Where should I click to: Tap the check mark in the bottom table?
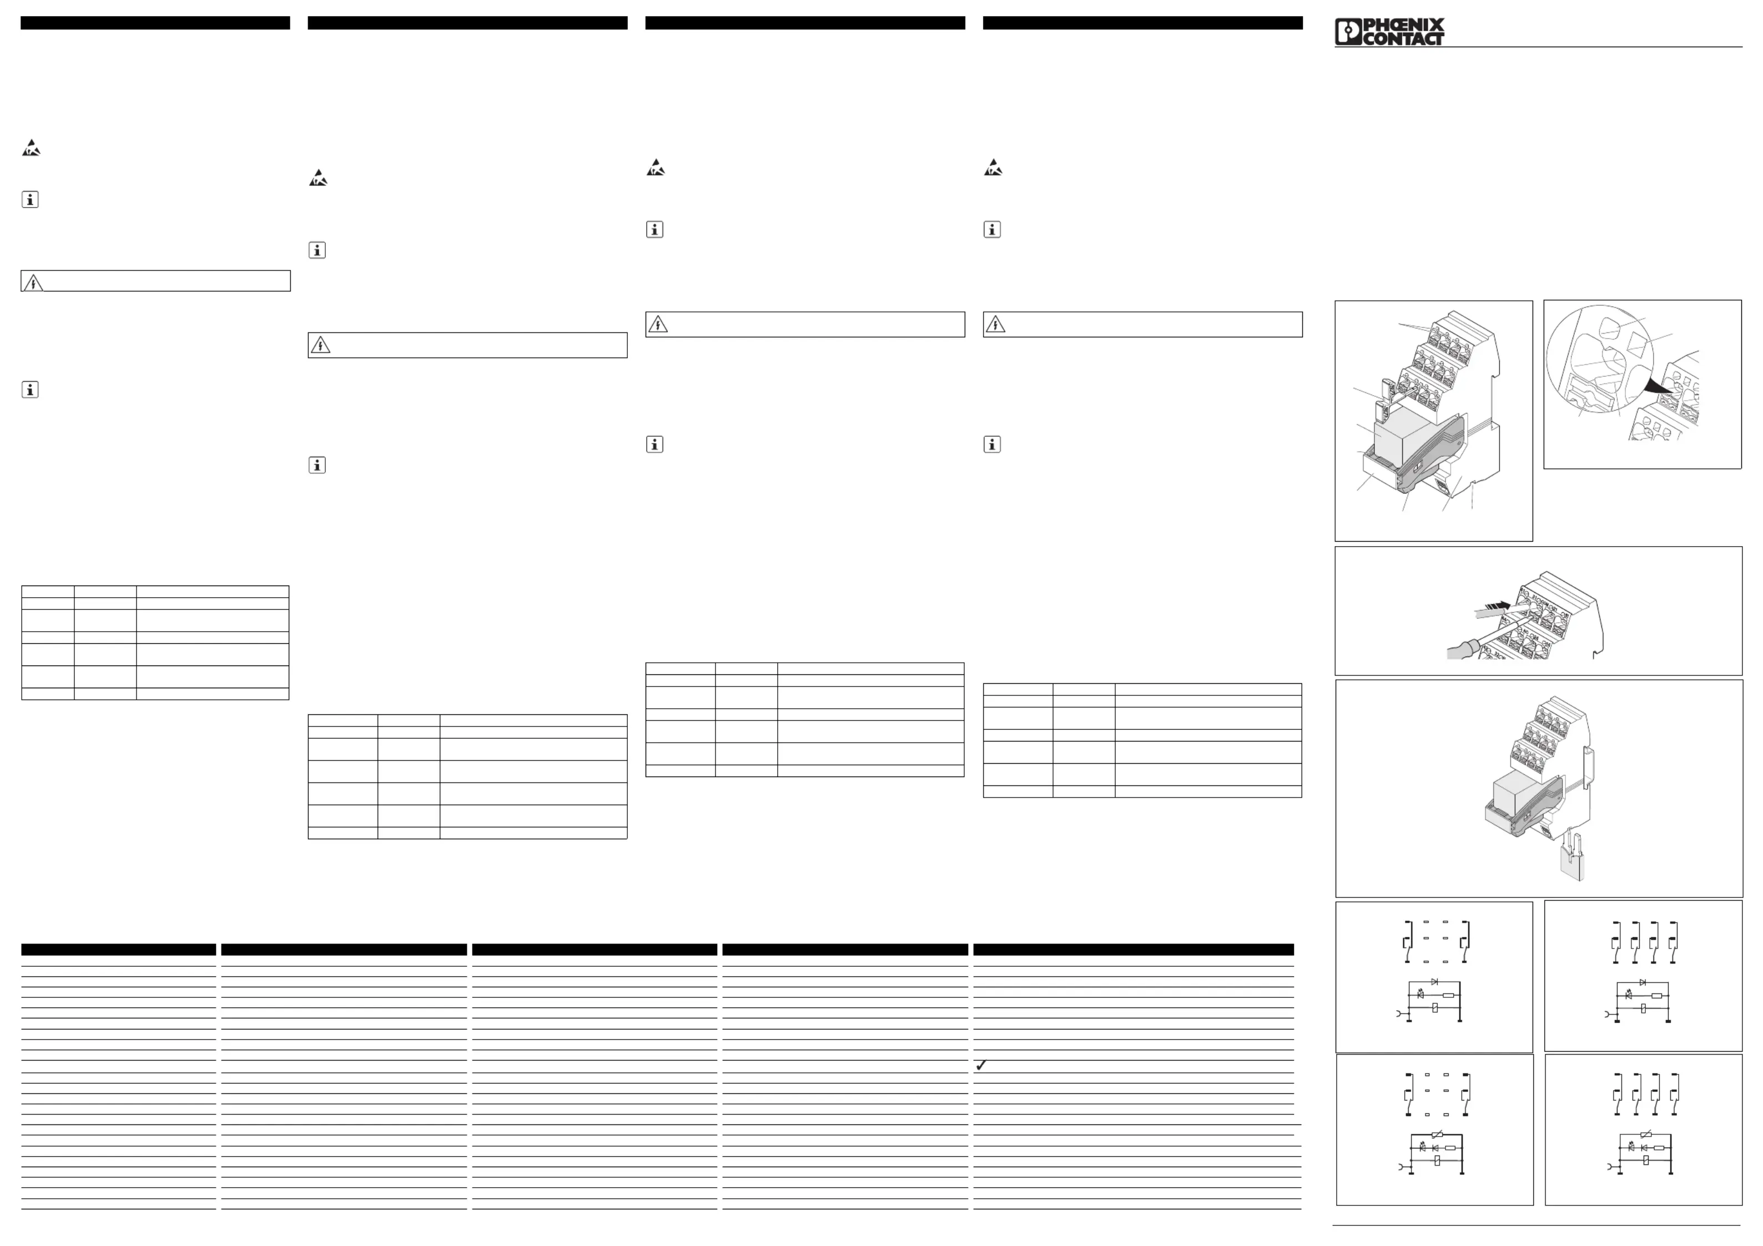[x=980, y=1066]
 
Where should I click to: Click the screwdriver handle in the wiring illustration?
[x=1457, y=652]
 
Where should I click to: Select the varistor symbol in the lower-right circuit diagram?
[x=1645, y=1134]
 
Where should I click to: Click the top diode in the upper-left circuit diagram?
[x=1434, y=982]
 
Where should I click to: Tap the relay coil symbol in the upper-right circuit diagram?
[x=1643, y=1008]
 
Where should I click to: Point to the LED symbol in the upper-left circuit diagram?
[x=1421, y=995]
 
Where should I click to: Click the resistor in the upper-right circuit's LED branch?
[x=1657, y=995]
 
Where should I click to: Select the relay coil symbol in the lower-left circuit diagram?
[x=1437, y=1161]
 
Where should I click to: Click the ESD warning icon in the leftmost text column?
[x=31, y=148]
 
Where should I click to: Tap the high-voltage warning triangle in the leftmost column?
[x=33, y=283]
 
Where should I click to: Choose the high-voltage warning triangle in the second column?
[x=320, y=345]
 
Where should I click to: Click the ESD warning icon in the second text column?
[x=318, y=179]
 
